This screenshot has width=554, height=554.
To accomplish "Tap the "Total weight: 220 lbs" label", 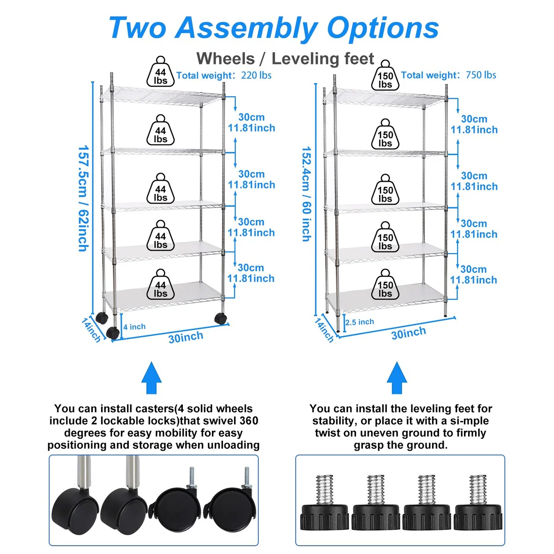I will tap(224, 75).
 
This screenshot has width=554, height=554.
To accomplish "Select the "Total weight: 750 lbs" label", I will tap(448, 75).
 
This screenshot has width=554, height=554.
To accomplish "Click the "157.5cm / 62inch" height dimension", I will tap(83, 199).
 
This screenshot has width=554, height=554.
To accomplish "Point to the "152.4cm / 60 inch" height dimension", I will tap(306, 194).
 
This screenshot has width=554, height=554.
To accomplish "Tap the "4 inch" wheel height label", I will tap(134, 327).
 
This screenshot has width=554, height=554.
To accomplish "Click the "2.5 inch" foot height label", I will tap(360, 322).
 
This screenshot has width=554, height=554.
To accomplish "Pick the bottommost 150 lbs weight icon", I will tap(385, 285).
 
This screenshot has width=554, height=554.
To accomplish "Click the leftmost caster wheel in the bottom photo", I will tap(74, 503).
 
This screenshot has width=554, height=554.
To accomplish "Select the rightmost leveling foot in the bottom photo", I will tap(478, 515).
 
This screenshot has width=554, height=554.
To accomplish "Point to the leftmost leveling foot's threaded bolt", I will tap(325, 489).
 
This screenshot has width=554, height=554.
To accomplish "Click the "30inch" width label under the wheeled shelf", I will tap(186, 337).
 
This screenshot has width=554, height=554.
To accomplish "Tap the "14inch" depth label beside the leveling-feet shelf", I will tap(324, 330).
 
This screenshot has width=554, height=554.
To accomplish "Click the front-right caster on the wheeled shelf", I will tap(220, 318).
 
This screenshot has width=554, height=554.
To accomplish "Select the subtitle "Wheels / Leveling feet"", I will tap(285, 59).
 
